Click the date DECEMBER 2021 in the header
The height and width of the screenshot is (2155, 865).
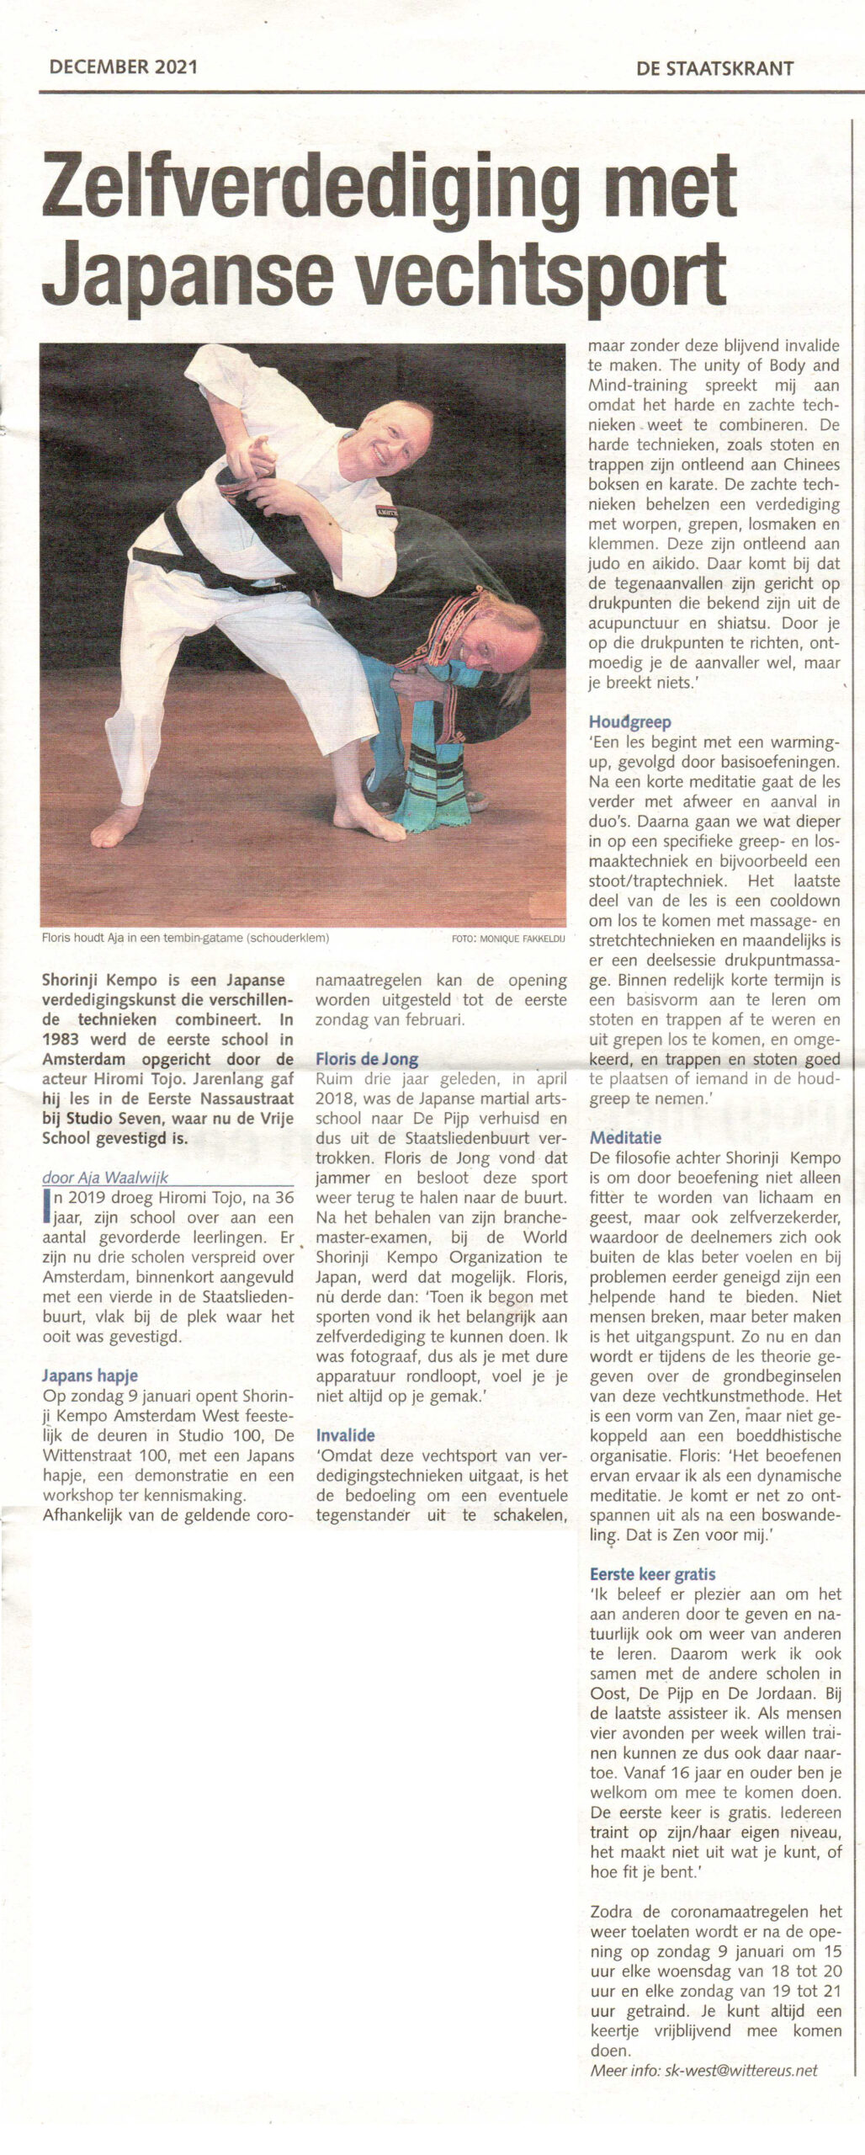click(123, 67)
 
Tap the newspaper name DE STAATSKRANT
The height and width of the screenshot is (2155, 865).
click(715, 69)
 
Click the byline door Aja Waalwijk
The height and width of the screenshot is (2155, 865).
click(104, 1178)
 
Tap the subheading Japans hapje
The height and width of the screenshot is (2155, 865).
click(90, 1376)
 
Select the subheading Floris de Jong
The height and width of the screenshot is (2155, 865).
click(367, 1060)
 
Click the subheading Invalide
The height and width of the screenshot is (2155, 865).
click(345, 1435)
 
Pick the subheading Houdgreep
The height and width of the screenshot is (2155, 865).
click(629, 721)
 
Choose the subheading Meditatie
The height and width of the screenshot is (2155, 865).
click(624, 1138)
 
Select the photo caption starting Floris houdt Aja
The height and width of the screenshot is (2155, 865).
click(184, 938)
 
